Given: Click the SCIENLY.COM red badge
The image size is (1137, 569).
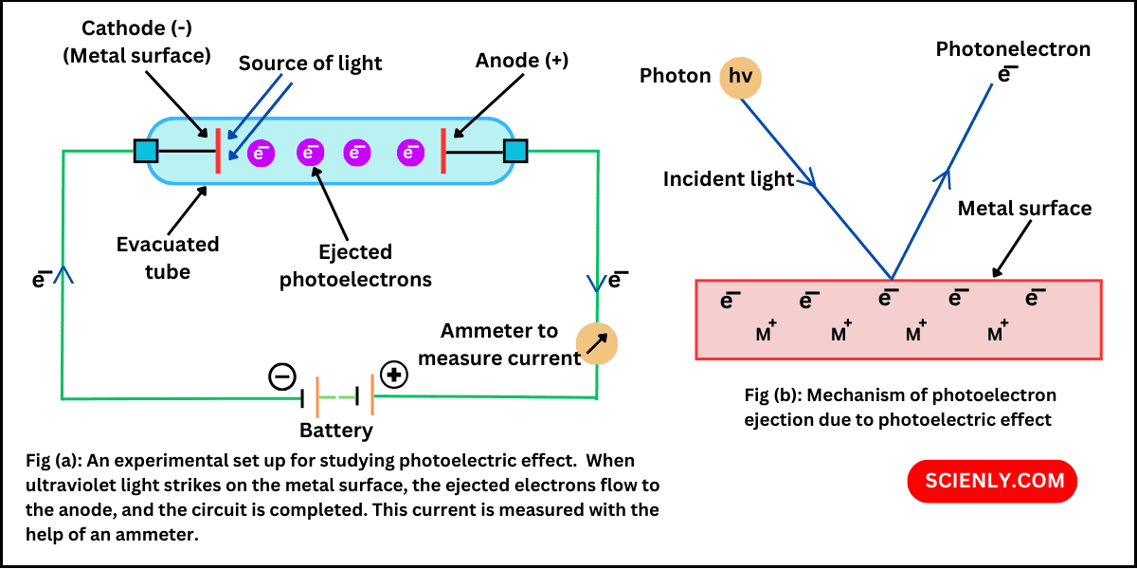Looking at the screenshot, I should pyautogui.click(x=992, y=480).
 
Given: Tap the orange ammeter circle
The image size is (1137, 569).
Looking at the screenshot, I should pyautogui.click(x=598, y=345).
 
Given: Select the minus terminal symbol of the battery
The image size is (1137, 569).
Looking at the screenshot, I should pyautogui.click(x=282, y=376).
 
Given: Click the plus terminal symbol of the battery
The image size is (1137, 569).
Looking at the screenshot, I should pyautogui.click(x=394, y=375).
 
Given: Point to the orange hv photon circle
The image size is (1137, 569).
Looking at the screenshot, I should pyautogui.click(x=740, y=76).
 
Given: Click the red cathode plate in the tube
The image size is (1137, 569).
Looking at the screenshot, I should pyautogui.click(x=218, y=152).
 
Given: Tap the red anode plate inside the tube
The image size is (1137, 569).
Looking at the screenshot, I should pyautogui.click(x=442, y=152).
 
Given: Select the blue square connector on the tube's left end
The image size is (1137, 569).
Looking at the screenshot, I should pyautogui.click(x=146, y=151).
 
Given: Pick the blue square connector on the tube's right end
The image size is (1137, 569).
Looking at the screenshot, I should pyautogui.click(x=515, y=151).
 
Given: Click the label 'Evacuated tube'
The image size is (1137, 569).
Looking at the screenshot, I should pyautogui.click(x=168, y=258).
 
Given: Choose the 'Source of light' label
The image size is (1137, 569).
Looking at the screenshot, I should pyautogui.click(x=310, y=64).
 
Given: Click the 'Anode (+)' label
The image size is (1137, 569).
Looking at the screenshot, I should pyautogui.click(x=522, y=61).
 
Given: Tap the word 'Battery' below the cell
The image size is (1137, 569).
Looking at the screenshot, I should pyautogui.click(x=336, y=431).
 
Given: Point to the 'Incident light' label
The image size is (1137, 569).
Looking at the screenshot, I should pyautogui.click(x=729, y=179).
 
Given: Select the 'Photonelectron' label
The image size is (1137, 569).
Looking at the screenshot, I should pyautogui.click(x=1013, y=48).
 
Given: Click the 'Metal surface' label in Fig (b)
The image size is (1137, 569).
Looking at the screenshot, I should pyautogui.click(x=1024, y=208).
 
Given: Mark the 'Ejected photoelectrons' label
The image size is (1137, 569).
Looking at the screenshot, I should pyautogui.click(x=355, y=266).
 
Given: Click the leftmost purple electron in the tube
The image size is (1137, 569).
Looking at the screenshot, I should pyautogui.click(x=262, y=152).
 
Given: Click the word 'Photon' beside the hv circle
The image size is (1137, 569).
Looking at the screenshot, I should pyautogui.click(x=676, y=76).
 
